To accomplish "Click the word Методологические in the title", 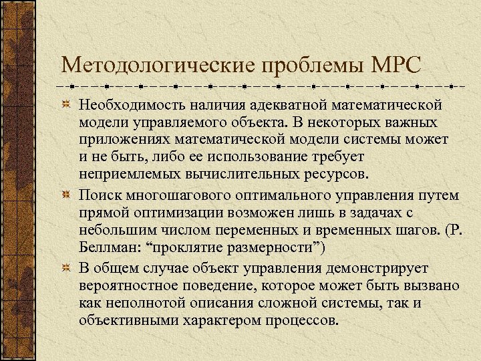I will click(155, 66).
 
